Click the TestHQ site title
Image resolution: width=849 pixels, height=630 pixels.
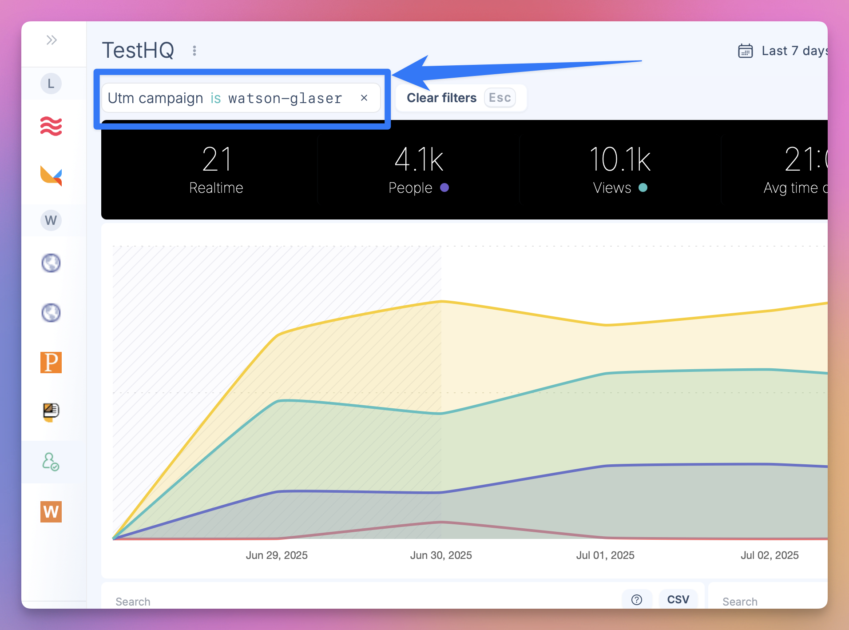[138, 50]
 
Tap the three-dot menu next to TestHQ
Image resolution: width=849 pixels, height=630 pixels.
[194, 51]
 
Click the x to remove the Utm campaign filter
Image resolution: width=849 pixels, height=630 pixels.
[364, 98]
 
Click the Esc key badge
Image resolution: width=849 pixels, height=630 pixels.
[500, 98]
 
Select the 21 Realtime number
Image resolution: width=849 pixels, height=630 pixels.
[216, 159]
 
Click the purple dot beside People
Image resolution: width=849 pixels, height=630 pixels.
[444, 187]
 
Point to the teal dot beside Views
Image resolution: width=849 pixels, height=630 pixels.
[643, 187]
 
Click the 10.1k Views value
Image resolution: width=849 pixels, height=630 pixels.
[620, 159]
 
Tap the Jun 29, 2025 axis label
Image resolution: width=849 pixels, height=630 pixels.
[277, 555]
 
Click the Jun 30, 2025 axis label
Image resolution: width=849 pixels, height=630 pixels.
[441, 555]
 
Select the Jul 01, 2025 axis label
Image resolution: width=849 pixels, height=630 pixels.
[605, 555]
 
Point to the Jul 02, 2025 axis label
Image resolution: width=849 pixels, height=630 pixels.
[770, 555]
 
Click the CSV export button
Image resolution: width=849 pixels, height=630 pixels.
[678, 599]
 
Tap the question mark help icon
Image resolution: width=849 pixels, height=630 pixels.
[637, 600]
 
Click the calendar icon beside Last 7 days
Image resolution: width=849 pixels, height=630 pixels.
[746, 51]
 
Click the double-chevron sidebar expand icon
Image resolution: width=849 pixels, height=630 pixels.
[52, 40]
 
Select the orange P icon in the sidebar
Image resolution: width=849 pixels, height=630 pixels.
[51, 362]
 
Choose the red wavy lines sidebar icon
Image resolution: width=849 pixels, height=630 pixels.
[51, 126]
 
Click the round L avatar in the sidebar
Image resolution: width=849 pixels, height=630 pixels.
[51, 84]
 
